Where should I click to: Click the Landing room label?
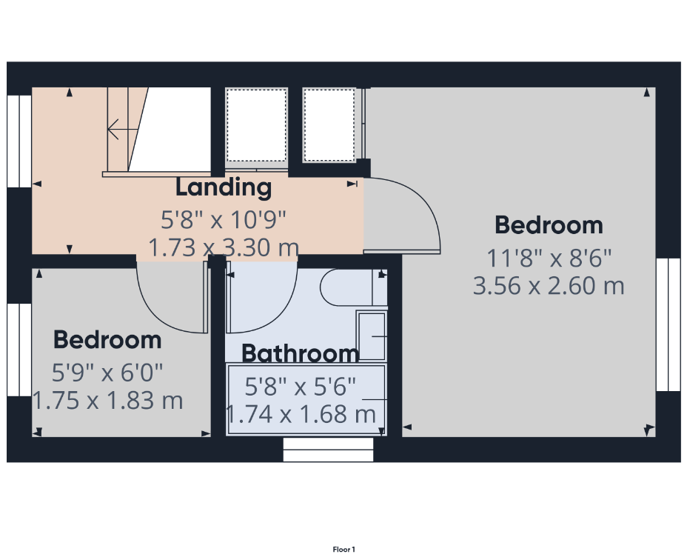pyautogui.click(x=224, y=187)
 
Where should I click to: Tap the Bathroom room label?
pyautogui.click(x=301, y=353)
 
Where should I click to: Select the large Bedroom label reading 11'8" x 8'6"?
pyautogui.click(x=549, y=225)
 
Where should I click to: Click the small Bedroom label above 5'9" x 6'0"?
pyautogui.click(x=107, y=340)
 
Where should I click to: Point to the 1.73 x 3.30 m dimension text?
pyautogui.click(x=224, y=247)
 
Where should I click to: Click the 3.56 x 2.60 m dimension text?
pyautogui.click(x=549, y=286)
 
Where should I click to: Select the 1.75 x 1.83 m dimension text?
pyautogui.click(x=108, y=401)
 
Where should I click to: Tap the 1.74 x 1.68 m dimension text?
pyautogui.click(x=301, y=414)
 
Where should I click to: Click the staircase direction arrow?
pyautogui.click(x=123, y=130)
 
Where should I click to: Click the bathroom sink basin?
pyautogui.click(x=372, y=336)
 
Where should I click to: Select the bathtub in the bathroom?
pyautogui.click(x=306, y=400)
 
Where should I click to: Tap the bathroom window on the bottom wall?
pyautogui.click(x=328, y=450)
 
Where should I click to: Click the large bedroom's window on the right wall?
pyautogui.click(x=668, y=324)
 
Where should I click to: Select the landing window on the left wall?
pyautogui.click(x=19, y=141)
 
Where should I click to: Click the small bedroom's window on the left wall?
pyautogui.click(x=19, y=350)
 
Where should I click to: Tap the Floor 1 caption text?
pyautogui.click(x=344, y=550)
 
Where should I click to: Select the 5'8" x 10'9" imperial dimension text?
pyautogui.click(x=224, y=219)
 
